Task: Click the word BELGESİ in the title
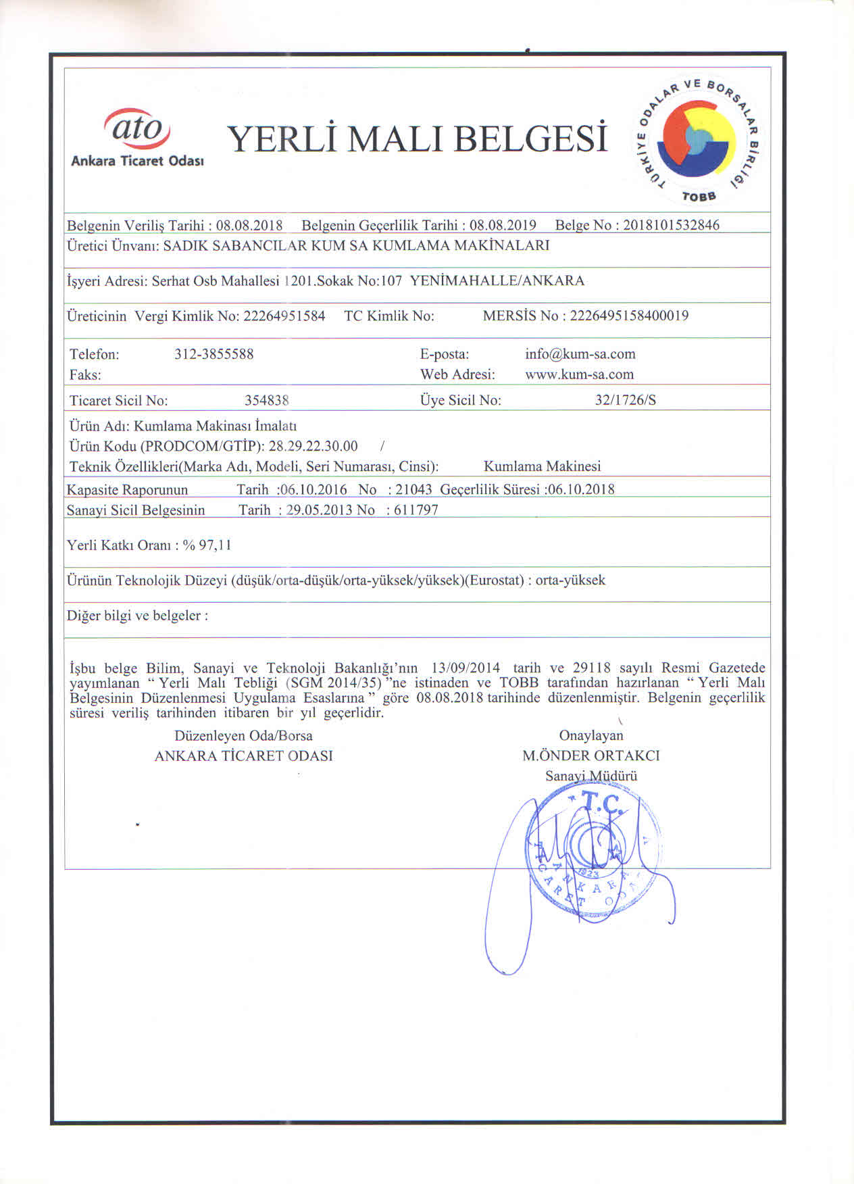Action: [530, 139]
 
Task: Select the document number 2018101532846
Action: [671, 225]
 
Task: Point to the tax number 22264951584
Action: [284, 316]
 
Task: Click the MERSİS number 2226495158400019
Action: [629, 316]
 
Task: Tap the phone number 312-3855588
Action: [214, 354]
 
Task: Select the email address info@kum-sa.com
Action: [580, 354]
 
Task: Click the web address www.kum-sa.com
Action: [579, 374]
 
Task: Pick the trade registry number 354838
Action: [267, 400]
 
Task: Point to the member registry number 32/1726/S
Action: [625, 400]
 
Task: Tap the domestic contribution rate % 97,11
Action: [207, 545]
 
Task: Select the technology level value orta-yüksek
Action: [570, 581]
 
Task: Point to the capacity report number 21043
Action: [413, 489]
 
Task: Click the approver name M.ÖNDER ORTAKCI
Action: [591, 756]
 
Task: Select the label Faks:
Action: [85, 374]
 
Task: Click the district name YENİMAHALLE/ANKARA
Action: [497, 280]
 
